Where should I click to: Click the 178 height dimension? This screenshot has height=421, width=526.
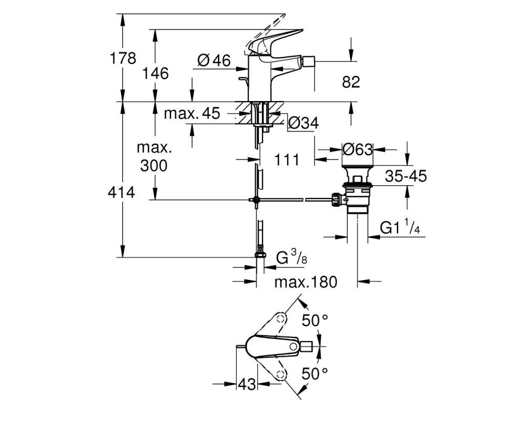click(x=123, y=58)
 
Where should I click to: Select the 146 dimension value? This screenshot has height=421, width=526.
click(x=155, y=73)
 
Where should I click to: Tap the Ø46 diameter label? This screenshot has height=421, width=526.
click(x=214, y=61)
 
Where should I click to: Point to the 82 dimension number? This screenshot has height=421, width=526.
click(x=351, y=82)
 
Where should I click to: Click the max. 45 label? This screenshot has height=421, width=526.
click(x=192, y=114)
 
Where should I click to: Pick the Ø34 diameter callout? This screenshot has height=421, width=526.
click(x=304, y=124)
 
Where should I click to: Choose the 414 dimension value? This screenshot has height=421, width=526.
click(x=122, y=193)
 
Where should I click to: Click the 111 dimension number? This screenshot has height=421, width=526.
click(x=287, y=160)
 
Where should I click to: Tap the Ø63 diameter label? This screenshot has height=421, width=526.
click(x=358, y=149)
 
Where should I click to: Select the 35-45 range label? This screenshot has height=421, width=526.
click(x=406, y=176)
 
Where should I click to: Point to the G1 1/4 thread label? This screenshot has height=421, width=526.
click(x=400, y=227)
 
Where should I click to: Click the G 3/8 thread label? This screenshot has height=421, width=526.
click(x=291, y=258)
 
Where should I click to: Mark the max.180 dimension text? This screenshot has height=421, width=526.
click(x=306, y=282)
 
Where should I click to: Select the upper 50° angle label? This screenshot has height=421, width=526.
click(x=315, y=320)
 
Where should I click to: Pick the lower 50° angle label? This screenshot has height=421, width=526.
click(x=315, y=373)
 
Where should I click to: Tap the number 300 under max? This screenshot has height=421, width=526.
click(x=154, y=166)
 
